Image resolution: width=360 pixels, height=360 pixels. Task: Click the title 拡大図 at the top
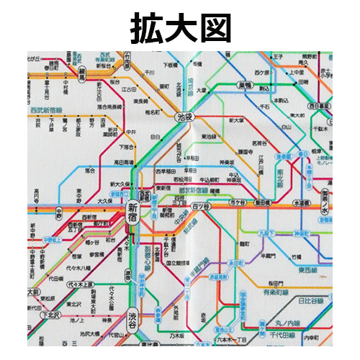179,27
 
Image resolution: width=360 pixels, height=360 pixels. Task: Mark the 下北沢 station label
50,315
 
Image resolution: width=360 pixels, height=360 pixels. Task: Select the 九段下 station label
267,233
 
